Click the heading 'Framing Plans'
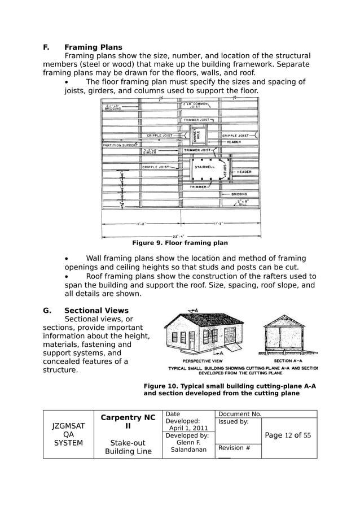coord(93,47)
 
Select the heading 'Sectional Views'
coord(96,310)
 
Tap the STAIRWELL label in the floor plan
coord(204,167)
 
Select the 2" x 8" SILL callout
coord(243,202)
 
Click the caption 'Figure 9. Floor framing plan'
coord(179,243)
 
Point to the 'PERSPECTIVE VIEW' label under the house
coord(202,360)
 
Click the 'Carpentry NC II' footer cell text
coord(128,422)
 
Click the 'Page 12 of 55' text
coord(288,435)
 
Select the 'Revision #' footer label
coord(231,448)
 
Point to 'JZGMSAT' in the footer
coord(68,427)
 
